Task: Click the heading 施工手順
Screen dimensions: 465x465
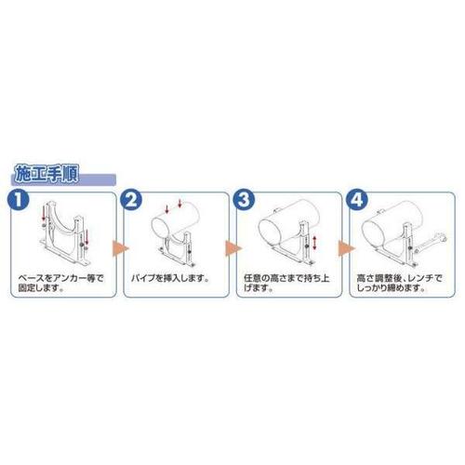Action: coord(46,175)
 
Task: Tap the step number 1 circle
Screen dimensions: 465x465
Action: coord(19,200)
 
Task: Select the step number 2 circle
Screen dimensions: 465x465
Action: coord(131,200)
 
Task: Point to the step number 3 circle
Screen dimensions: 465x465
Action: coord(245,200)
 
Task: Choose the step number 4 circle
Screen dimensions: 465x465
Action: coord(357,200)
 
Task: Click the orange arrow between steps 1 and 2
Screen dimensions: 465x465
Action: coord(119,248)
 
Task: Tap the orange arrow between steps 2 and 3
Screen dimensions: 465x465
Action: coord(232,248)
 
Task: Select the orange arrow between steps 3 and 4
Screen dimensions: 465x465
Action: coord(346,248)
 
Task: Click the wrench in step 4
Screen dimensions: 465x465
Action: coord(431,244)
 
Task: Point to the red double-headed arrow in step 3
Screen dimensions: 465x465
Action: coord(314,243)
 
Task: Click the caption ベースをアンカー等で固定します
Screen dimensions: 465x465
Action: coord(60,283)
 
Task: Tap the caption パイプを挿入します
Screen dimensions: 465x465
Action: coord(170,278)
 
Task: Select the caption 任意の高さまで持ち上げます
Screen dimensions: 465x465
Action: coord(286,283)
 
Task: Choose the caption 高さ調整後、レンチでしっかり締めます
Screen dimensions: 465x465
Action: coord(399,283)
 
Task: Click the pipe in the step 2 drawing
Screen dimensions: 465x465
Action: coord(176,220)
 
